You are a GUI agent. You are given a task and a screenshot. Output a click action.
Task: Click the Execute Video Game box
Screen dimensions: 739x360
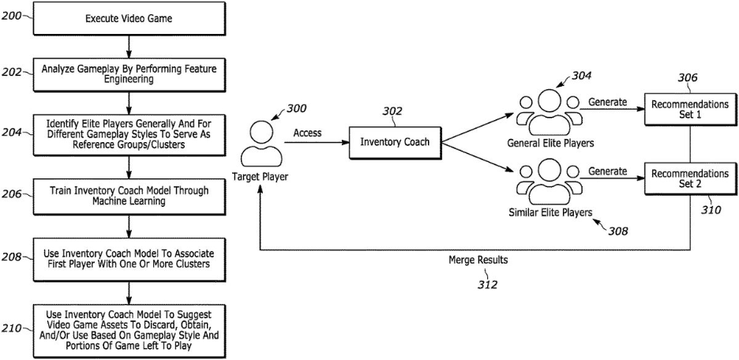pyautogui.click(x=128, y=19)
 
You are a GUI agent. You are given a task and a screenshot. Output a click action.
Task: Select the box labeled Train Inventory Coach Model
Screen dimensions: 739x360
pyautogui.click(x=128, y=196)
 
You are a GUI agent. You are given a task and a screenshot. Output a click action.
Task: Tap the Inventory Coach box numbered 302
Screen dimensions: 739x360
pyautogui.click(x=395, y=142)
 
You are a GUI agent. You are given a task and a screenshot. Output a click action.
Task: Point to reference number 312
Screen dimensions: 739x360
pyautogui.click(x=487, y=284)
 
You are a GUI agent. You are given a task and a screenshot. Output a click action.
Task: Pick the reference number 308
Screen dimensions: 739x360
pyautogui.click(x=617, y=231)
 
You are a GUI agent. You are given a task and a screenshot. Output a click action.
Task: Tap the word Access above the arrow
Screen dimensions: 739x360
pyautogui.click(x=307, y=133)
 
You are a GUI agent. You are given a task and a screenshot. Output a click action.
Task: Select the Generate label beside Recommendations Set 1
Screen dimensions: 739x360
pyautogui.click(x=608, y=102)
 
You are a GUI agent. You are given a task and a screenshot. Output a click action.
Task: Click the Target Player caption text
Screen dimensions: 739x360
pyautogui.click(x=260, y=178)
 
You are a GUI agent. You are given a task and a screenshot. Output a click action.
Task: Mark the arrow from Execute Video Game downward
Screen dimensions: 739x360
pyautogui.click(x=129, y=46)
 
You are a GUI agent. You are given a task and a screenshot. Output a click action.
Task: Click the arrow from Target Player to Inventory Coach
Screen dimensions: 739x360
pyautogui.click(x=317, y=142)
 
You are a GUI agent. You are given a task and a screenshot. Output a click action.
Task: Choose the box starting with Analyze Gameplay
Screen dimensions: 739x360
pyautogui.click(x=128, y=74)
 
